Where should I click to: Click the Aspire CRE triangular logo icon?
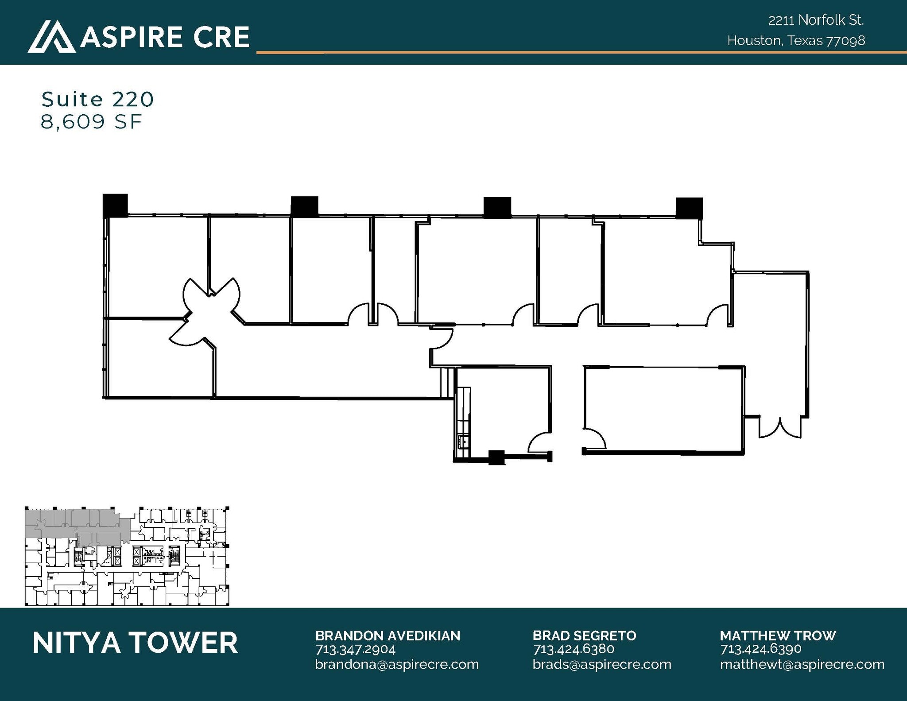click(x=51, y=36)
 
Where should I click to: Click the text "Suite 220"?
click(x=97, y=99)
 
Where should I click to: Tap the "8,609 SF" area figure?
click(x=91, y=121)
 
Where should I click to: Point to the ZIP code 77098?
click(x=846, y=41)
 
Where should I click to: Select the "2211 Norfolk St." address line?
click(x=816, y=20)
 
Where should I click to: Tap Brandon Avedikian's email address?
click(x=397, y=664)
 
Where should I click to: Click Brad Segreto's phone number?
click(x=574, y=649)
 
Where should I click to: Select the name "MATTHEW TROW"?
click(x=778, y=635)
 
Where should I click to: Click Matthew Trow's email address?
click(x=802, y=664)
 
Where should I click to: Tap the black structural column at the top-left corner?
click(x=115, y=205)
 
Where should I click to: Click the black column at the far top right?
click(x=689, y=208)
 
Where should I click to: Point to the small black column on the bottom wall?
click(x=496, y=457)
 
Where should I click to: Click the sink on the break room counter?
click(x=464, y=442)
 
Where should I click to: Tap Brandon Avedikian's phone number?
click(x=355, y=649)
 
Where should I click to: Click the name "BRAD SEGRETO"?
click(x=584, y=635)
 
